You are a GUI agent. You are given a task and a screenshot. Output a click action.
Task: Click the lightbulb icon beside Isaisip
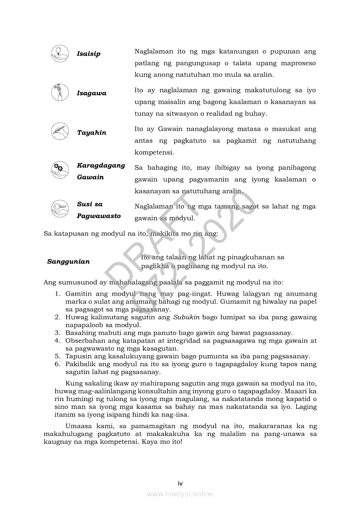[x=60, y=52]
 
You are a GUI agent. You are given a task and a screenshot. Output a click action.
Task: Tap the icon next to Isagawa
[x=60, y=92]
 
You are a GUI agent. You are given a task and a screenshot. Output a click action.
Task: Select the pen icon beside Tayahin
[x=60, y=131]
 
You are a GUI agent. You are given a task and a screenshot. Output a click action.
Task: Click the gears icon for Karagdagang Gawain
[x=60, y=170]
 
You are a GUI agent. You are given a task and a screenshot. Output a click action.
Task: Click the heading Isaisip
[x=88, y=54]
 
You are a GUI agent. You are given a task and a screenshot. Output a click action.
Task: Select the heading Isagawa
[x=92, y=93]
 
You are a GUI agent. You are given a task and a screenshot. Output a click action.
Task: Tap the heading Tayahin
[x=92, y=133]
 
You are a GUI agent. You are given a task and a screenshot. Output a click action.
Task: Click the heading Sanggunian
[x=68, y=262]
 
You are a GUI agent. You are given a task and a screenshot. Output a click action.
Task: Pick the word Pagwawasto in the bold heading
[x=99, y=216]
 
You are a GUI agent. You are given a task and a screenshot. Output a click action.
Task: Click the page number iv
[x=180, y=483]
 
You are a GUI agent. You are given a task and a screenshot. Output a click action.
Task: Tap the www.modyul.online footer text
[x=180, y=494]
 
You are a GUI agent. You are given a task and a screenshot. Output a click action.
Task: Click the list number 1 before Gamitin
[x=57, y=294]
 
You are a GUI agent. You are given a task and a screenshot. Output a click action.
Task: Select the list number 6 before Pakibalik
[x=57, y=364]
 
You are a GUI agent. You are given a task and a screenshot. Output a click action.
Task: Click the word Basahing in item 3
[x=79, y=333]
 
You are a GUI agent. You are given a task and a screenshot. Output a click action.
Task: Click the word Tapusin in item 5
[x=78, y=356]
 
